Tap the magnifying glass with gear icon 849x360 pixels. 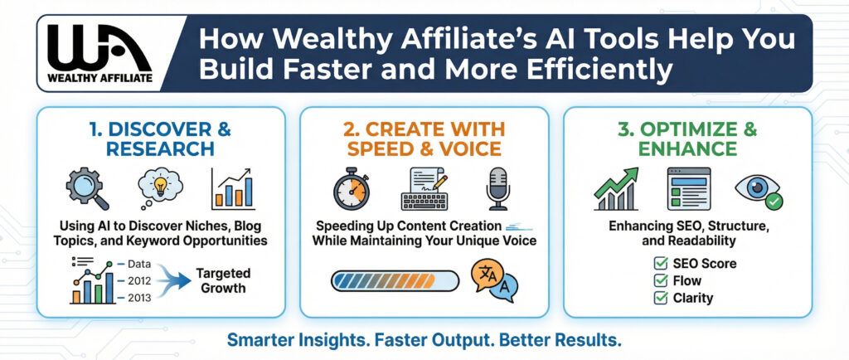pyautogui.click(x=87, y=188)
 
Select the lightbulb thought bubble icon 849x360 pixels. pyautogui.click(x=160, y=187)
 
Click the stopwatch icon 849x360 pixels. pyautogui.click(x=351, y=188)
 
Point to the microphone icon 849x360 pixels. pyautogui.click(x=497, y=188)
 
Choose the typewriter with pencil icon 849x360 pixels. pyautogui.click(x=424, y=188)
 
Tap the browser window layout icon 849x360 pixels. pyautogui.click(x=689, y=188)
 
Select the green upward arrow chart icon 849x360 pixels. pyautogui.click(x=616, y=188)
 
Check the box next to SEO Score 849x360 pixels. pyautogui.click(x=661, y=264)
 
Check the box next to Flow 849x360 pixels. pyautogui.click(x=661, y=280)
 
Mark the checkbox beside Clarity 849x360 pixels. pyautogui.click(x=661, y=298)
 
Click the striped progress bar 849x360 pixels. pyautogui.click(x=395, y=281)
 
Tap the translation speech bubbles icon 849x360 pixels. pyautogui.click(x=494, y=280)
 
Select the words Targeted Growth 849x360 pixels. pyautogui.click(x=223, y=280)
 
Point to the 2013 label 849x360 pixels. pyautogui.click(x=139, y=297)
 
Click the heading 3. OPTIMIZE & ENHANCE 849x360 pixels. pyautogui.click(x=687, y=139)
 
